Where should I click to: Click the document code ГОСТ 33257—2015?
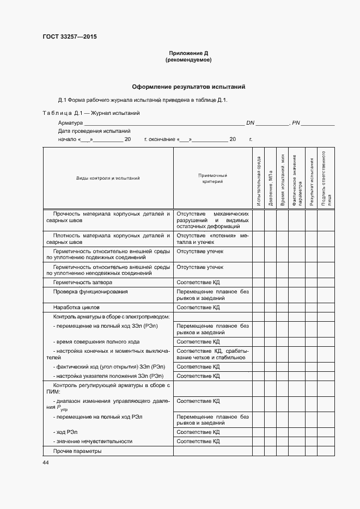point(69,37)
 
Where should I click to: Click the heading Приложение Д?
point(188,53)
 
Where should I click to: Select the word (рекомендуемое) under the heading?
point(188,60)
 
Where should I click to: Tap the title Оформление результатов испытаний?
point(188,87)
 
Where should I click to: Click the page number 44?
point(46,462)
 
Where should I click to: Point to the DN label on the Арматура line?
point(251,123)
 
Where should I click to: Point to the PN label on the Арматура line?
point(296,123)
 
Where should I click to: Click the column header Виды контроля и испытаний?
point(108,178)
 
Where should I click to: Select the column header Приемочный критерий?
point(212,179)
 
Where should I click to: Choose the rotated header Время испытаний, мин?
point(282,180)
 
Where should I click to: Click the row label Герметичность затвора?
point(83,283)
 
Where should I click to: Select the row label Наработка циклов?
point(76,307)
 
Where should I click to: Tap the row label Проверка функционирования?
point(90,292)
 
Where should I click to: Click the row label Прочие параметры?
point(77,451)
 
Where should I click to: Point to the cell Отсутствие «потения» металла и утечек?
point(212,238)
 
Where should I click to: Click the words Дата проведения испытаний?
point(94,131)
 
